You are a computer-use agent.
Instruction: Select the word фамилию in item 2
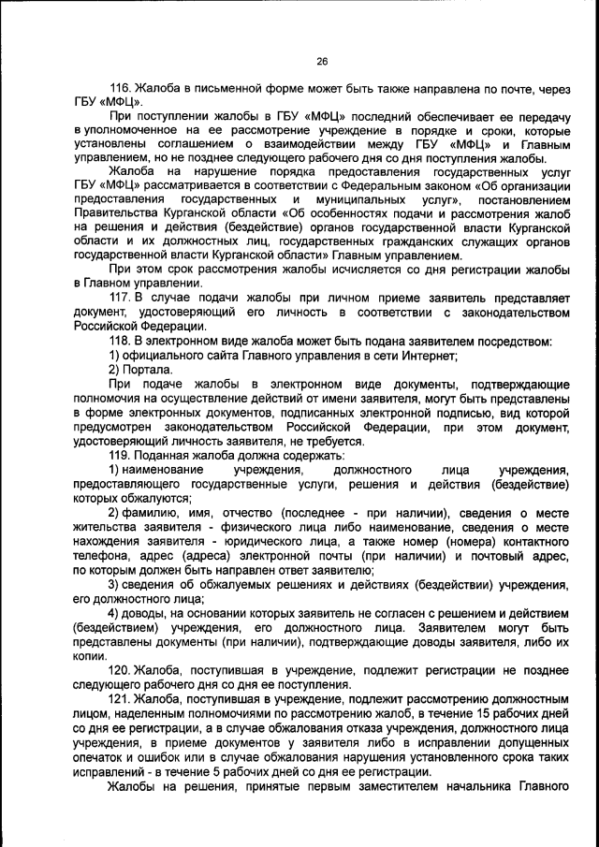click(150, 513)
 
